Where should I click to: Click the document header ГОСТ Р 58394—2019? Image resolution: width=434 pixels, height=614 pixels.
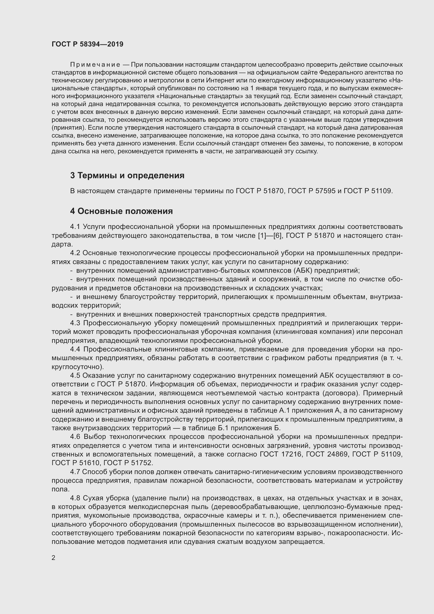[87, 44]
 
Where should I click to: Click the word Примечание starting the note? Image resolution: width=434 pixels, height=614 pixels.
[95, 65]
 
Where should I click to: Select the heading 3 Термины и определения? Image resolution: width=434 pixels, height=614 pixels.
[127, 175]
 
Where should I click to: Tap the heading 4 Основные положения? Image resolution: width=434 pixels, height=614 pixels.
[121, 211]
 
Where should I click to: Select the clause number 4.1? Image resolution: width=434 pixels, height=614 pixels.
[75, 227]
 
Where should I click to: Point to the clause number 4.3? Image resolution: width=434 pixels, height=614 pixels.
[75, 323]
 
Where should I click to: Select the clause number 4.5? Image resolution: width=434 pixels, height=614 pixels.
[75, 375]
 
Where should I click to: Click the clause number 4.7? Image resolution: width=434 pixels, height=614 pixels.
[75, 472]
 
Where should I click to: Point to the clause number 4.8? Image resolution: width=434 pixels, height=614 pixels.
[75, 498]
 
